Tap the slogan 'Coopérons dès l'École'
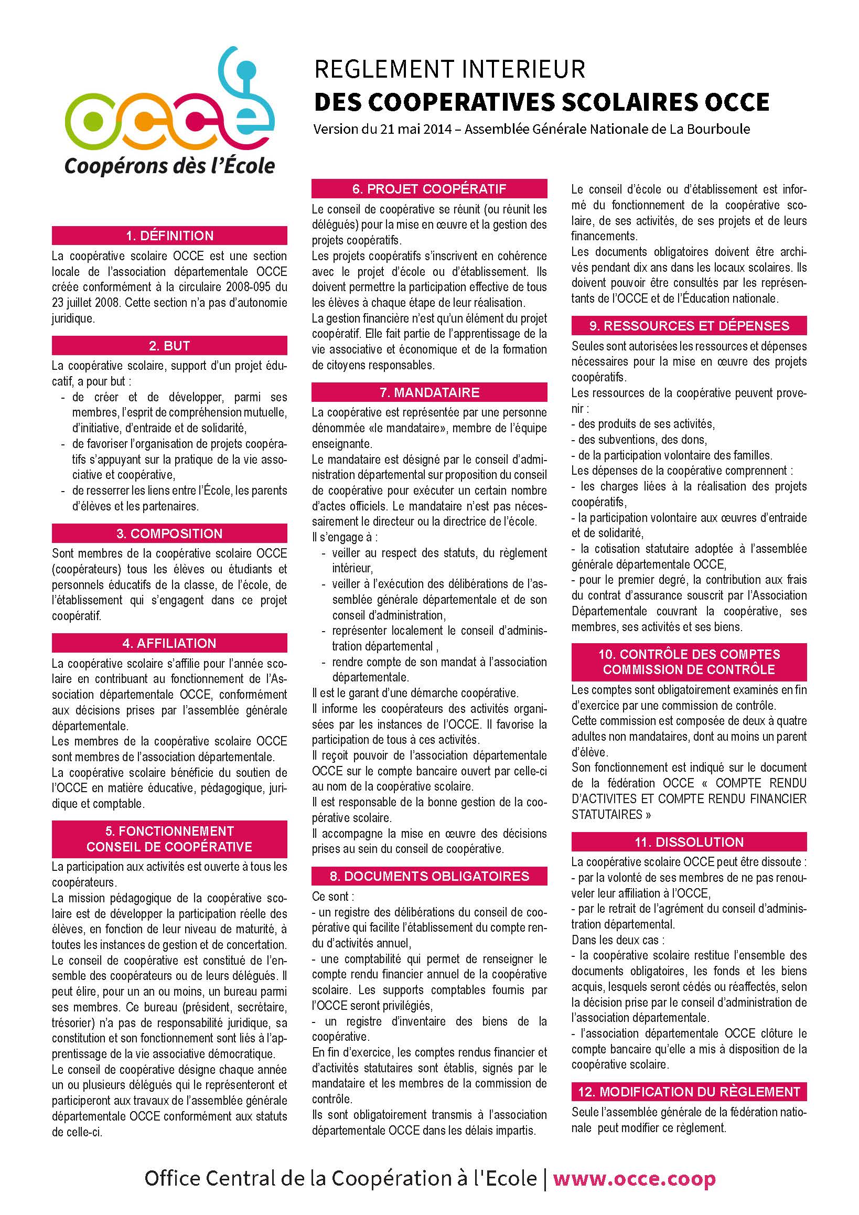point(170,166)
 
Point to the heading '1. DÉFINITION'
point(169,236)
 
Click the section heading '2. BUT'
point(169,346)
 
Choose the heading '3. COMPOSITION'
point(169,534)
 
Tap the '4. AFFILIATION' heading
point(169,643)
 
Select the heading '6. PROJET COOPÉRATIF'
point(429,189)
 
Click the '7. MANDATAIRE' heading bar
point(429,392)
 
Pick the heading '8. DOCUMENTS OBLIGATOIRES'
point(429,876)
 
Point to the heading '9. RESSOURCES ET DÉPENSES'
point(689,325)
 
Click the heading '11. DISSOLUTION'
point(689,842)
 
